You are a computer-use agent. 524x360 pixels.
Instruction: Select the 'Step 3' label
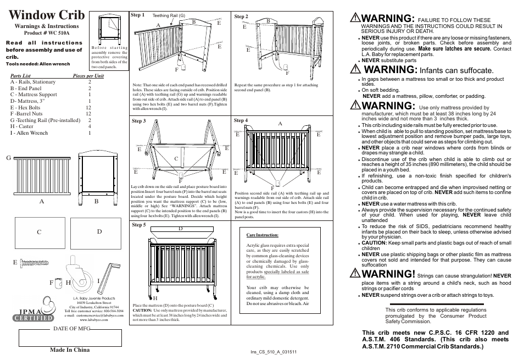[139, 121]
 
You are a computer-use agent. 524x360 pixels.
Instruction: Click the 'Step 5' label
[139, 225]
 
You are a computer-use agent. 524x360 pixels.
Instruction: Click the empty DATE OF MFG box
[70, 338]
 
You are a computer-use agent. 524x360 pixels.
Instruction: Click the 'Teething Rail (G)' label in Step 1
[169, 16]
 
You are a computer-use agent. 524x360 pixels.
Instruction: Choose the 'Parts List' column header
[20, 76]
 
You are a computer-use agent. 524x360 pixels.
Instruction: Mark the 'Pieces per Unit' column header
[88, 76]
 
